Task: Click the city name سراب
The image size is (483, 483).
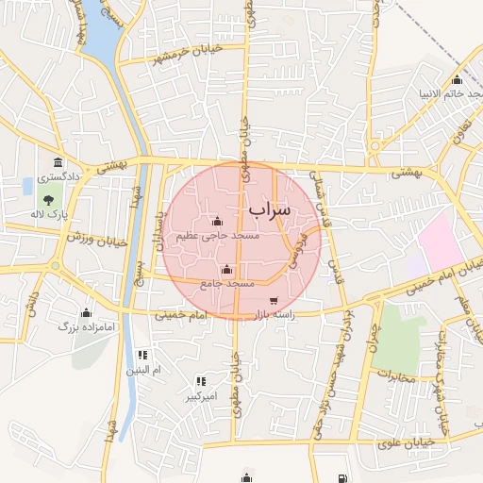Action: (272, 207)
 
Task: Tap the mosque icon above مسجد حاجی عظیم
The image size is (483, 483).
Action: (218, 222)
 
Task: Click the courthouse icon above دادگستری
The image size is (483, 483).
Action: (58, 162)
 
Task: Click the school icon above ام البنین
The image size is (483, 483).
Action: (142, 355)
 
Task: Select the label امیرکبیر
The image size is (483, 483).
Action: (200, 396)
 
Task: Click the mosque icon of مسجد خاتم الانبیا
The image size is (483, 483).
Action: (458, 80)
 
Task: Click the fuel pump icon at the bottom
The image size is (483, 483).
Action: (340, 477)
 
